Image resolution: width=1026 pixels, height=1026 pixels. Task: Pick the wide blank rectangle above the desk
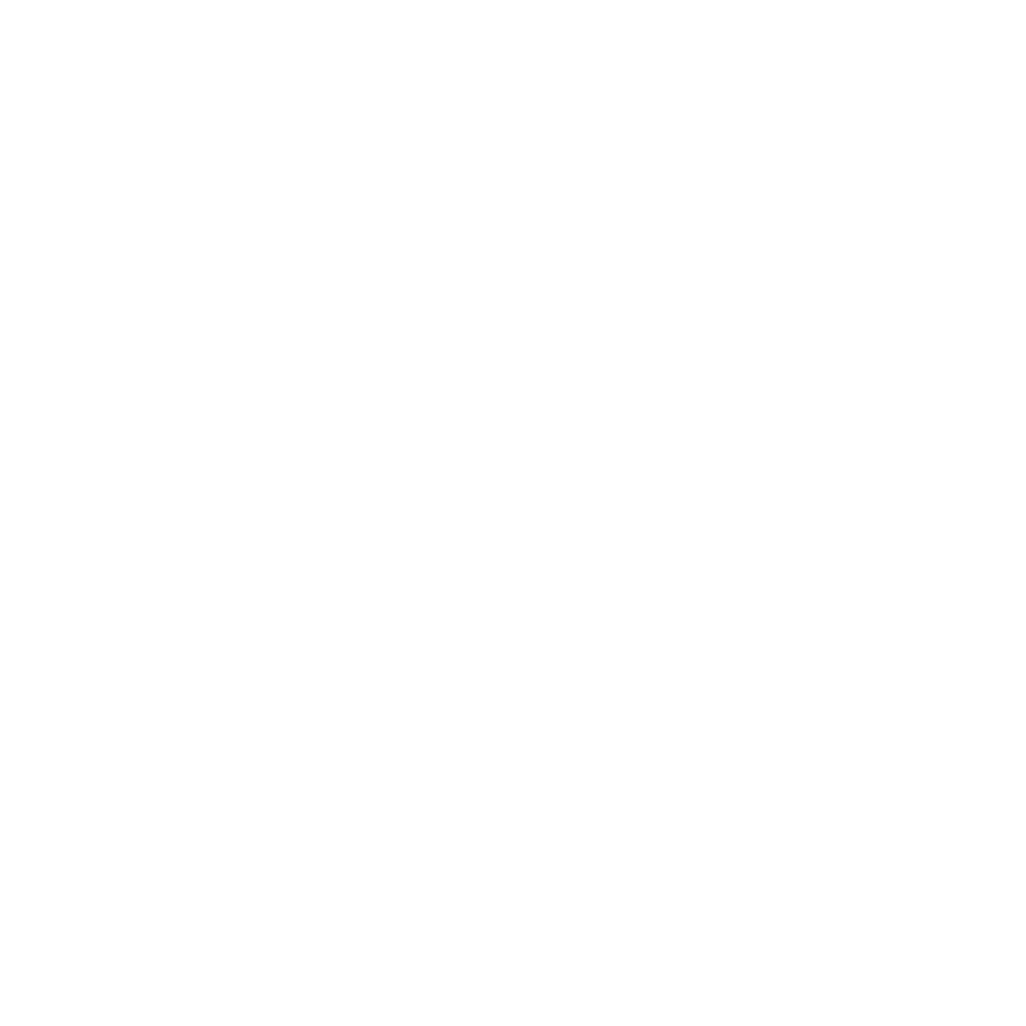[918, 477]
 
